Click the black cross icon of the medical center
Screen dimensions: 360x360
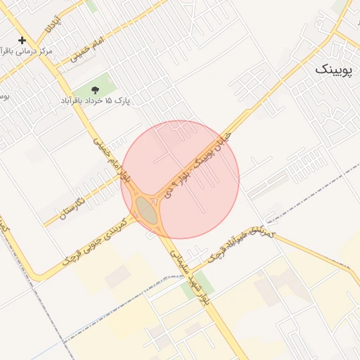[22, 41]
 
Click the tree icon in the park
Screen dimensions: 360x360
[95, 89]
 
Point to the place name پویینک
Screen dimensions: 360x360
[332, 69]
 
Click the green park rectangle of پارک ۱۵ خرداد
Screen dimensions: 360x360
[98, 85]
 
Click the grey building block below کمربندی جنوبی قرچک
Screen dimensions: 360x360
[117, 277]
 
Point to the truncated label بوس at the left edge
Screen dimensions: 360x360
[4, 95]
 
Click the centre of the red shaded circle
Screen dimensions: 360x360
[180, 179]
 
